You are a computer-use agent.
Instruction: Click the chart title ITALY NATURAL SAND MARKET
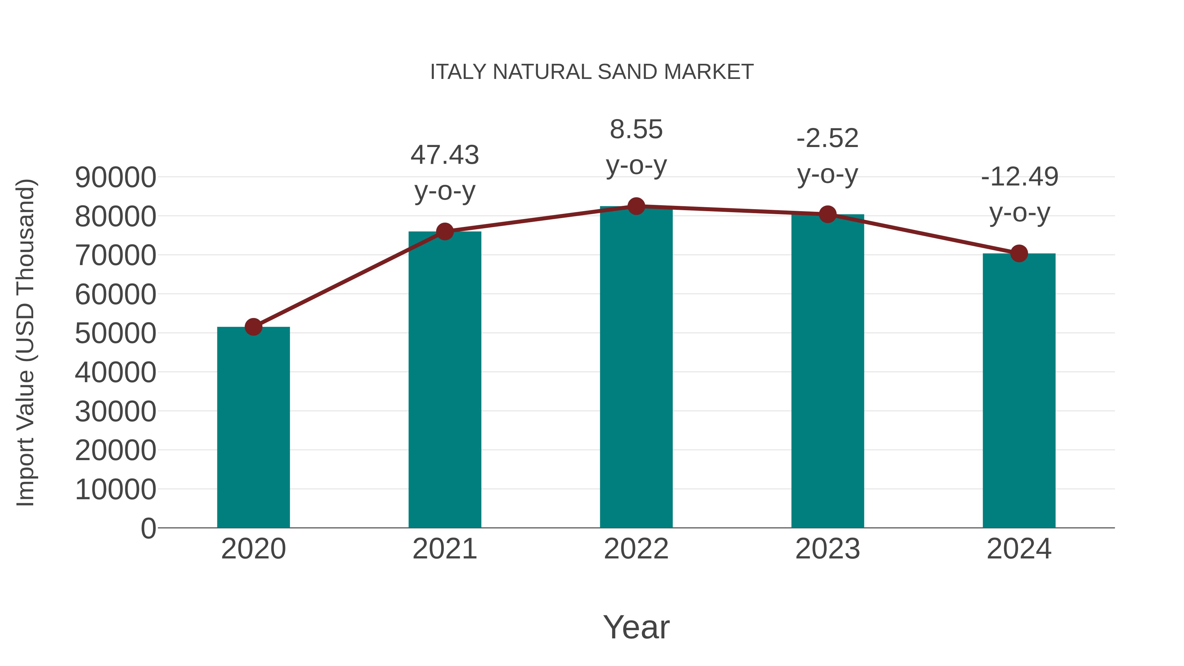tap(592, 72)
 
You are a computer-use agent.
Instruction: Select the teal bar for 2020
tap(253, 428)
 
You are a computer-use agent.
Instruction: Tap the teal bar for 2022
tap(636, 368)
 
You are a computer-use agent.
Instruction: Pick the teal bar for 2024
tap(1019, 391)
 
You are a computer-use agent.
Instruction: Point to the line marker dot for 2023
tap(827, 214)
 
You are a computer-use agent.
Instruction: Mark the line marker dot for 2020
tap(253, 327)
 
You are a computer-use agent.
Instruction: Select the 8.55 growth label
tap(636, 130)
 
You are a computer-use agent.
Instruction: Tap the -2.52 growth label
tap(827, 138)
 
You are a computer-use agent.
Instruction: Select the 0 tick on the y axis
tap(148, 528)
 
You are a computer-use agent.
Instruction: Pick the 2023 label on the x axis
tap(827, 549)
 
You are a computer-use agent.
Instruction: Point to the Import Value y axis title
tap(26, 342)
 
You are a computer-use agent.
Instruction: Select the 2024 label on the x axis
tap(1019, 549)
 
